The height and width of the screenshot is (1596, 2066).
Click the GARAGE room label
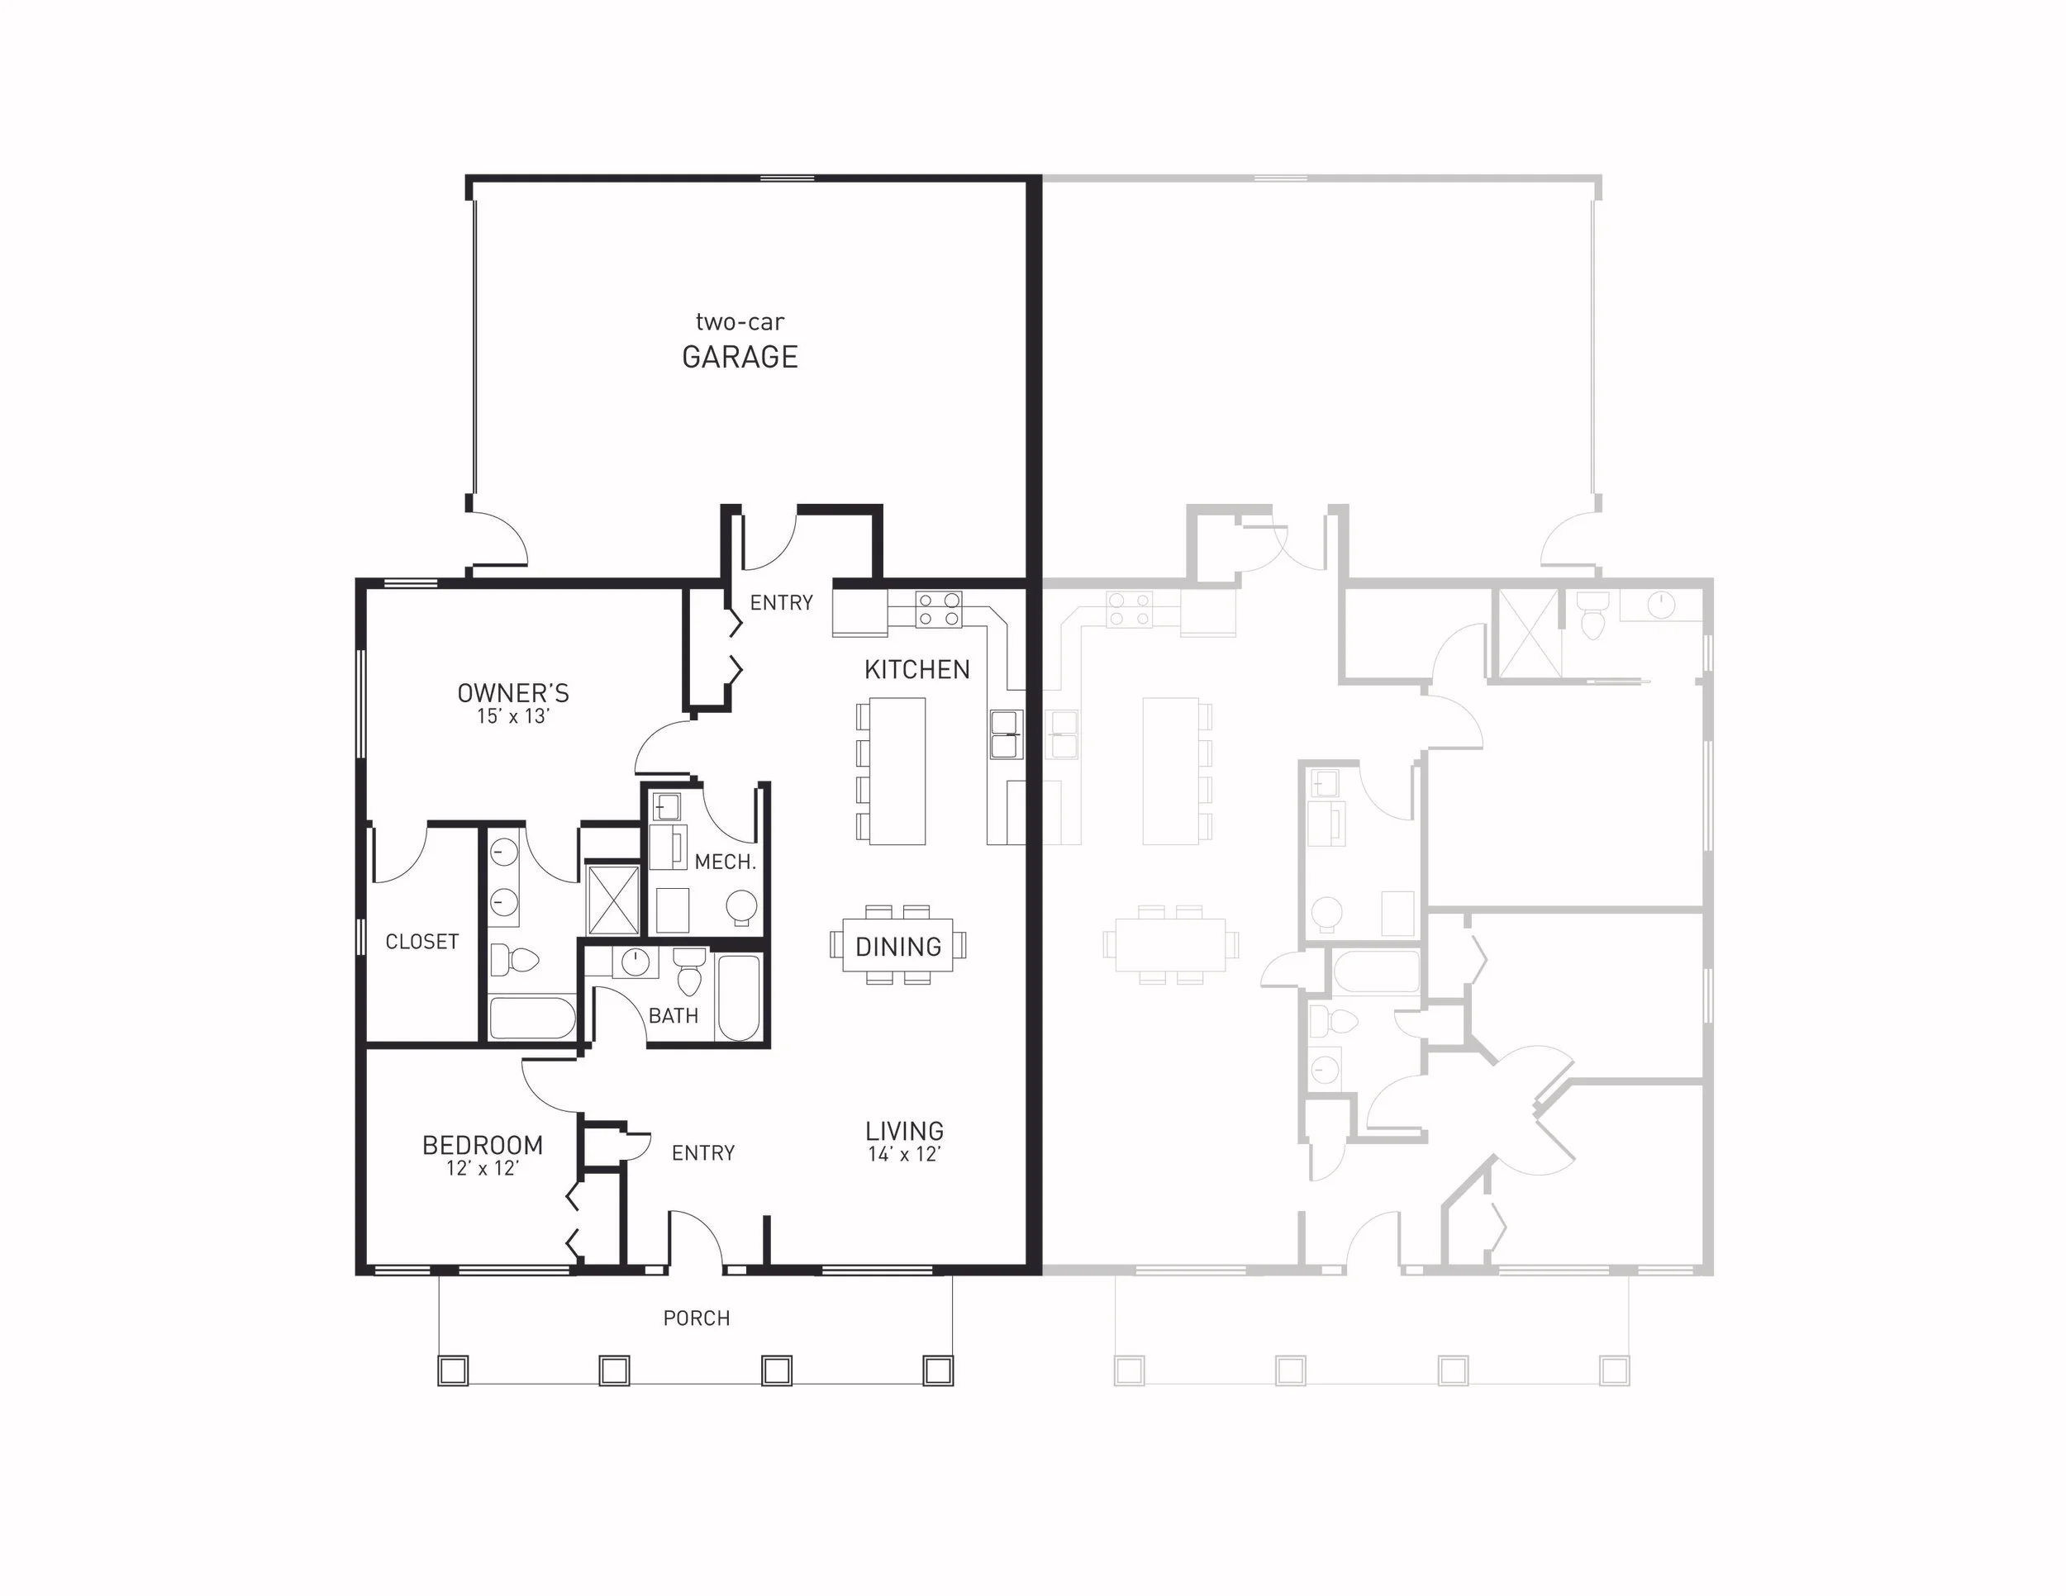click(x=740, y=358)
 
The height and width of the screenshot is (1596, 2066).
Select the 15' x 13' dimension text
click(x=512, y=717)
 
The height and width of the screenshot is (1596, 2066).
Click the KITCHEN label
click(x=916, y=669)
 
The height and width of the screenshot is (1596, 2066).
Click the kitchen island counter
click(x=897, y=771)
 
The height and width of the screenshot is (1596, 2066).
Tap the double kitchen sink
click(x=1005, y=734)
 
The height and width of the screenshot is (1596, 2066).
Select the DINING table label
click(x=897, y=947)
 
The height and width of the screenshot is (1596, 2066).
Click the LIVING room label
click(x=904, y=1130)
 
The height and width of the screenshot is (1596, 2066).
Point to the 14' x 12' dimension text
click(x=904, y=1154)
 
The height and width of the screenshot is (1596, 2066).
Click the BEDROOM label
click(x=483, y=1145)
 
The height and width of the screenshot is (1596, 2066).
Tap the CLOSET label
click(x=422, y=942)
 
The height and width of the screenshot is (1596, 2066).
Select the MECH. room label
click(x=725, y=862)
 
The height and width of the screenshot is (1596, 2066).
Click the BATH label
click(x=674, y=1015)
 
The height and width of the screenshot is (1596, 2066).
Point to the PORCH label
click(x=696, y=1318)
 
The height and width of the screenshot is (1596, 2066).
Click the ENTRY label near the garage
click(x=782, y=602)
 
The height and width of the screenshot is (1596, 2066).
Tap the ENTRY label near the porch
click(x=703, y=1152)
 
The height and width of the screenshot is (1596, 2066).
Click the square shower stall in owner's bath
click(x=613, y=897)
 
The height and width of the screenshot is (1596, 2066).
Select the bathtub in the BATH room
click(x=739, y=998)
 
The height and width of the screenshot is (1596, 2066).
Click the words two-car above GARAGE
click(x=740, y=322)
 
